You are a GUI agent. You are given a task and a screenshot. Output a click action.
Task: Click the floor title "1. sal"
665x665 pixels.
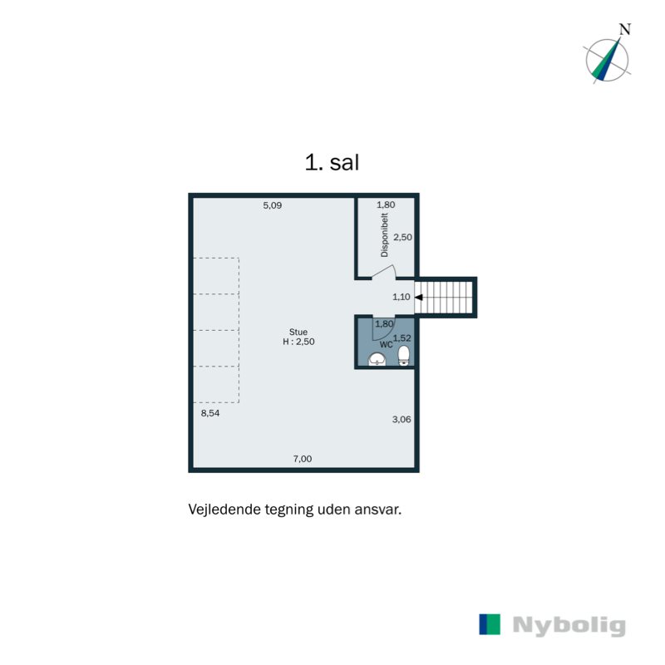point(332,162)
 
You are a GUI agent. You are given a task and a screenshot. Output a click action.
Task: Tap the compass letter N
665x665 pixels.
point(624,29)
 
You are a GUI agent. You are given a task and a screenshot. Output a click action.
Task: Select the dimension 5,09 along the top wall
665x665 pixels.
point(273,205)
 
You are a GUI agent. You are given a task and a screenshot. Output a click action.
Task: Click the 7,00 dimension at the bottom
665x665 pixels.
point(302,459)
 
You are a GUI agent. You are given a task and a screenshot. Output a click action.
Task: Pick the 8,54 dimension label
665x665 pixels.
point(209,411)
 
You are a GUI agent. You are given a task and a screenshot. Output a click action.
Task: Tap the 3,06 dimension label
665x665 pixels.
point(401,420)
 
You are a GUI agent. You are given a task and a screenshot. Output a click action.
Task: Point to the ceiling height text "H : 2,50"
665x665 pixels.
point(299,342)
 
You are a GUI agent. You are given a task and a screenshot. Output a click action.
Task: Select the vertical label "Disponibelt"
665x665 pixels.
point(384,236)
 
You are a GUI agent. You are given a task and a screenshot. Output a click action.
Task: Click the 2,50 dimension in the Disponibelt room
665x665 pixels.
point(402,237)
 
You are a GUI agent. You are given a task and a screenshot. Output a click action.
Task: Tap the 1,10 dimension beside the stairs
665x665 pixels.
point(402,297)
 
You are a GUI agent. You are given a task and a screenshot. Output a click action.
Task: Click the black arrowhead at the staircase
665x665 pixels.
point(418,296)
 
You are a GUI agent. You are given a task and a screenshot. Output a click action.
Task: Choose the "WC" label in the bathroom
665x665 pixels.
point(387,343)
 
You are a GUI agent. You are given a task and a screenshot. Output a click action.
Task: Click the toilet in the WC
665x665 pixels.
point(404,356)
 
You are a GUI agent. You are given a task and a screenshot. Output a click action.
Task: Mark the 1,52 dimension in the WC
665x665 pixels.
point(402,337)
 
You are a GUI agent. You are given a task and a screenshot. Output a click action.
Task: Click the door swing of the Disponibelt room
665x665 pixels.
point(385,272)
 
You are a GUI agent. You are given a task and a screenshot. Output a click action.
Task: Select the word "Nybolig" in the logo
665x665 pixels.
point(569,626)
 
